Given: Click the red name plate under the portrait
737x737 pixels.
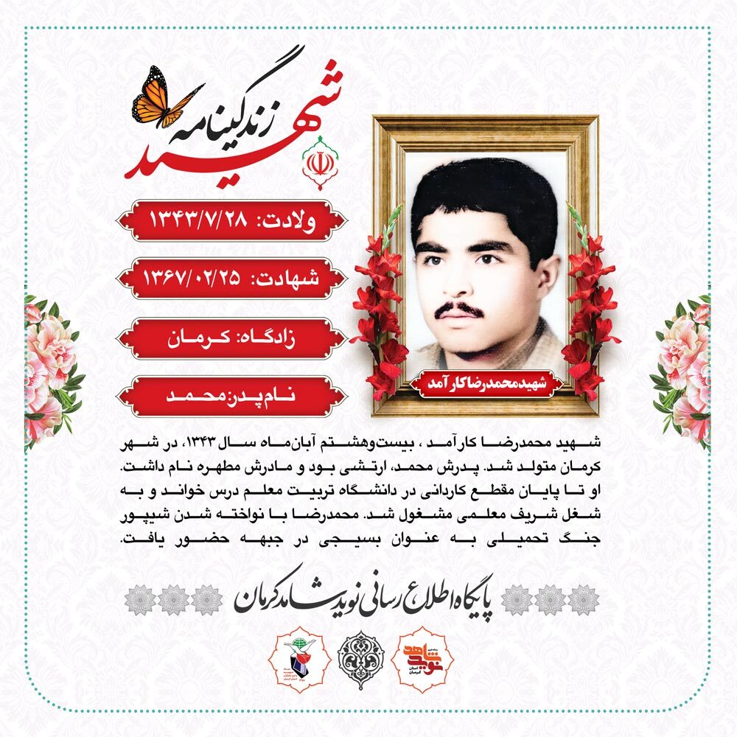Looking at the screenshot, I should [x=486, y=385].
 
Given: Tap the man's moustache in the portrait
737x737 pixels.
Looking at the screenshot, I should [x=458, y=309].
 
